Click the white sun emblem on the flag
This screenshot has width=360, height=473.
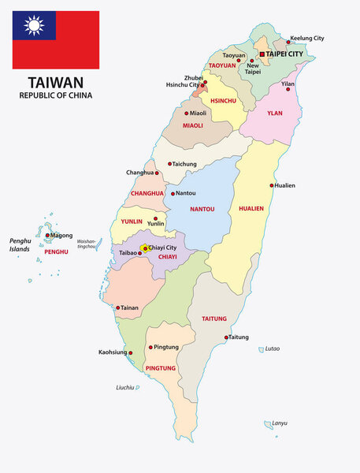35,27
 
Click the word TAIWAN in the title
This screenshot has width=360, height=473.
56,82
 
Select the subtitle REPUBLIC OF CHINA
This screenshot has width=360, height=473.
56,95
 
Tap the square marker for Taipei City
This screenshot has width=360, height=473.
262,54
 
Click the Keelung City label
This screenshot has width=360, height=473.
306,38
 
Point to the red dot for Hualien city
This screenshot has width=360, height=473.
272,186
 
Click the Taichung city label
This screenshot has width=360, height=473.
185,164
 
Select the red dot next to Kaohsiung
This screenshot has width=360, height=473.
131,353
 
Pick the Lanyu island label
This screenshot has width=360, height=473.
279,423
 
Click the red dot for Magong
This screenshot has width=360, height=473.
48,235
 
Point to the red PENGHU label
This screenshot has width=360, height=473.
57,251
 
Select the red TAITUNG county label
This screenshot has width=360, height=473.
214,319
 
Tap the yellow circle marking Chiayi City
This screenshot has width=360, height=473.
144,248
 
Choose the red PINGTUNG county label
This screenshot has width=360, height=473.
161,368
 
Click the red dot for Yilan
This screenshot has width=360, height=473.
288,89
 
